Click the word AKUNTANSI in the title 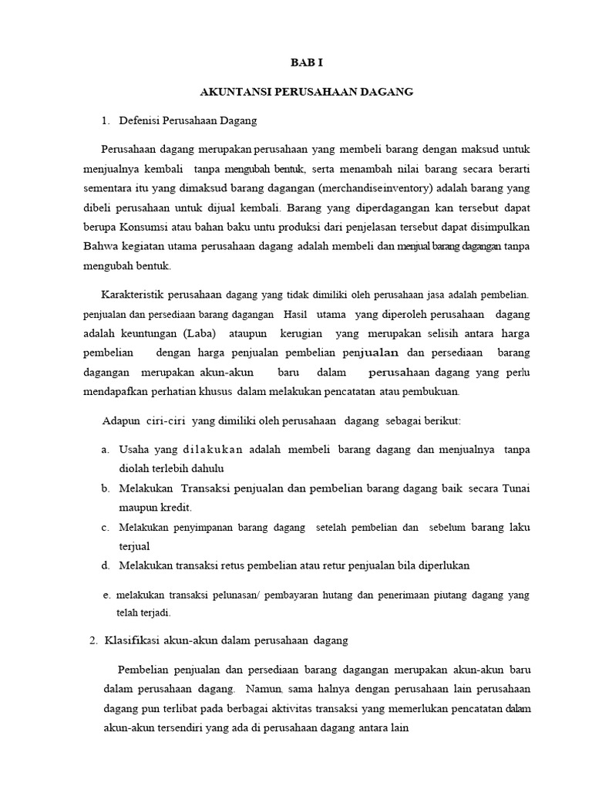[227, 92]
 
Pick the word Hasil [295, 314]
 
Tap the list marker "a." [104, 449]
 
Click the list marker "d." [105, 565]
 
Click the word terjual [134, 546]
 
